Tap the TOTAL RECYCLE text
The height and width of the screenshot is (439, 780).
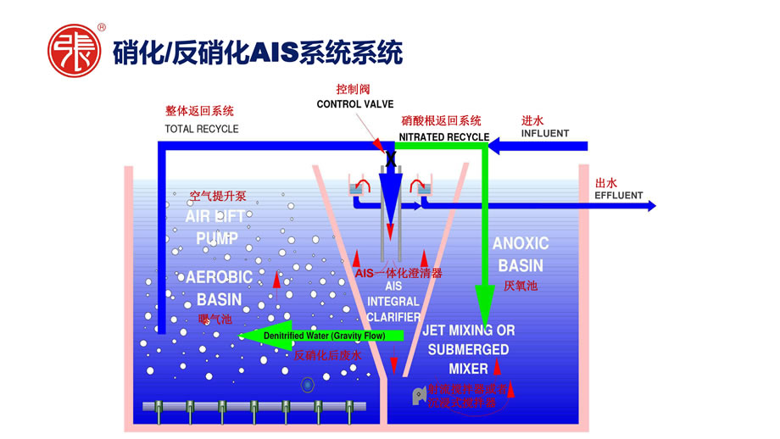[x=201, y=130]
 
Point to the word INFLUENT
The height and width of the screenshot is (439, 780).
[x=545, y=134]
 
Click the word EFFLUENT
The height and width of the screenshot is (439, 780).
[x=620, y=195]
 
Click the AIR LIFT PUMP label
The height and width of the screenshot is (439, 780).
[x=215, y=227]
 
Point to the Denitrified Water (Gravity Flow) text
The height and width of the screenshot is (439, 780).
[x=325, y=336]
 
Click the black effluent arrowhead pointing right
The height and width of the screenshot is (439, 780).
[x=649, y=205]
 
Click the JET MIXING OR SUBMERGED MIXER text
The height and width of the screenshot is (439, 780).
[x=469, y=348]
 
